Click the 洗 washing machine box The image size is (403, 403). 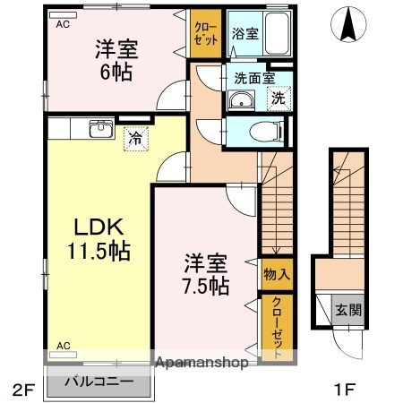(279, 99)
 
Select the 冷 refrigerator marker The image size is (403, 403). (133, 139)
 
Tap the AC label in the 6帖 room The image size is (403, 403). (62, 25)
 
